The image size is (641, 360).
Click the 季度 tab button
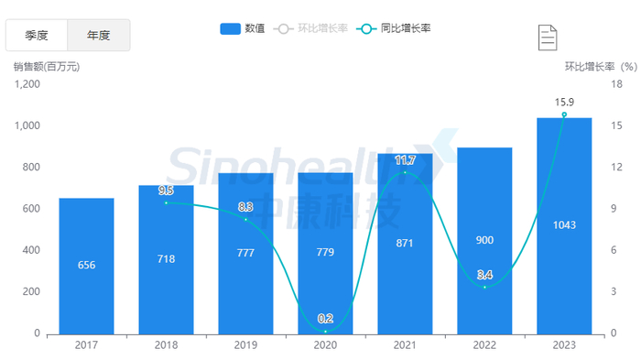click(37, 36)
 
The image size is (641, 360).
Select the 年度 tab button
click(99, 36)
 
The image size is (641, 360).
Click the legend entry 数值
click(244, 28)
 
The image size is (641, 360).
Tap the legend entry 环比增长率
click(314, 28)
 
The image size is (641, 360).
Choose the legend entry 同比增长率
click(397, 28)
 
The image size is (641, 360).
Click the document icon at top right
click(548, 38)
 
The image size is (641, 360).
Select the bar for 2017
click(87, 266)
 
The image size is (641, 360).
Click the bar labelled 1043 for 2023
click(564, 225)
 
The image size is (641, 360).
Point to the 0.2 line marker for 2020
click(325, 331)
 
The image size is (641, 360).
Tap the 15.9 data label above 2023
click(564, 102)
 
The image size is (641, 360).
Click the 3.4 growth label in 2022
click(484, 275)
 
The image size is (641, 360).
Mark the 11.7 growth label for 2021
click(405, 161)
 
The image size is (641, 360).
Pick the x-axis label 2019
click(245, 345)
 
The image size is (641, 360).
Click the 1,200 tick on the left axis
click(27, 84)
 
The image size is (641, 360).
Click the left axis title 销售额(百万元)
click(47, 66)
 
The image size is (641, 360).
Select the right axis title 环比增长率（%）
click(600, 66)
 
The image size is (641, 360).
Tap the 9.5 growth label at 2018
click(166, 191)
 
